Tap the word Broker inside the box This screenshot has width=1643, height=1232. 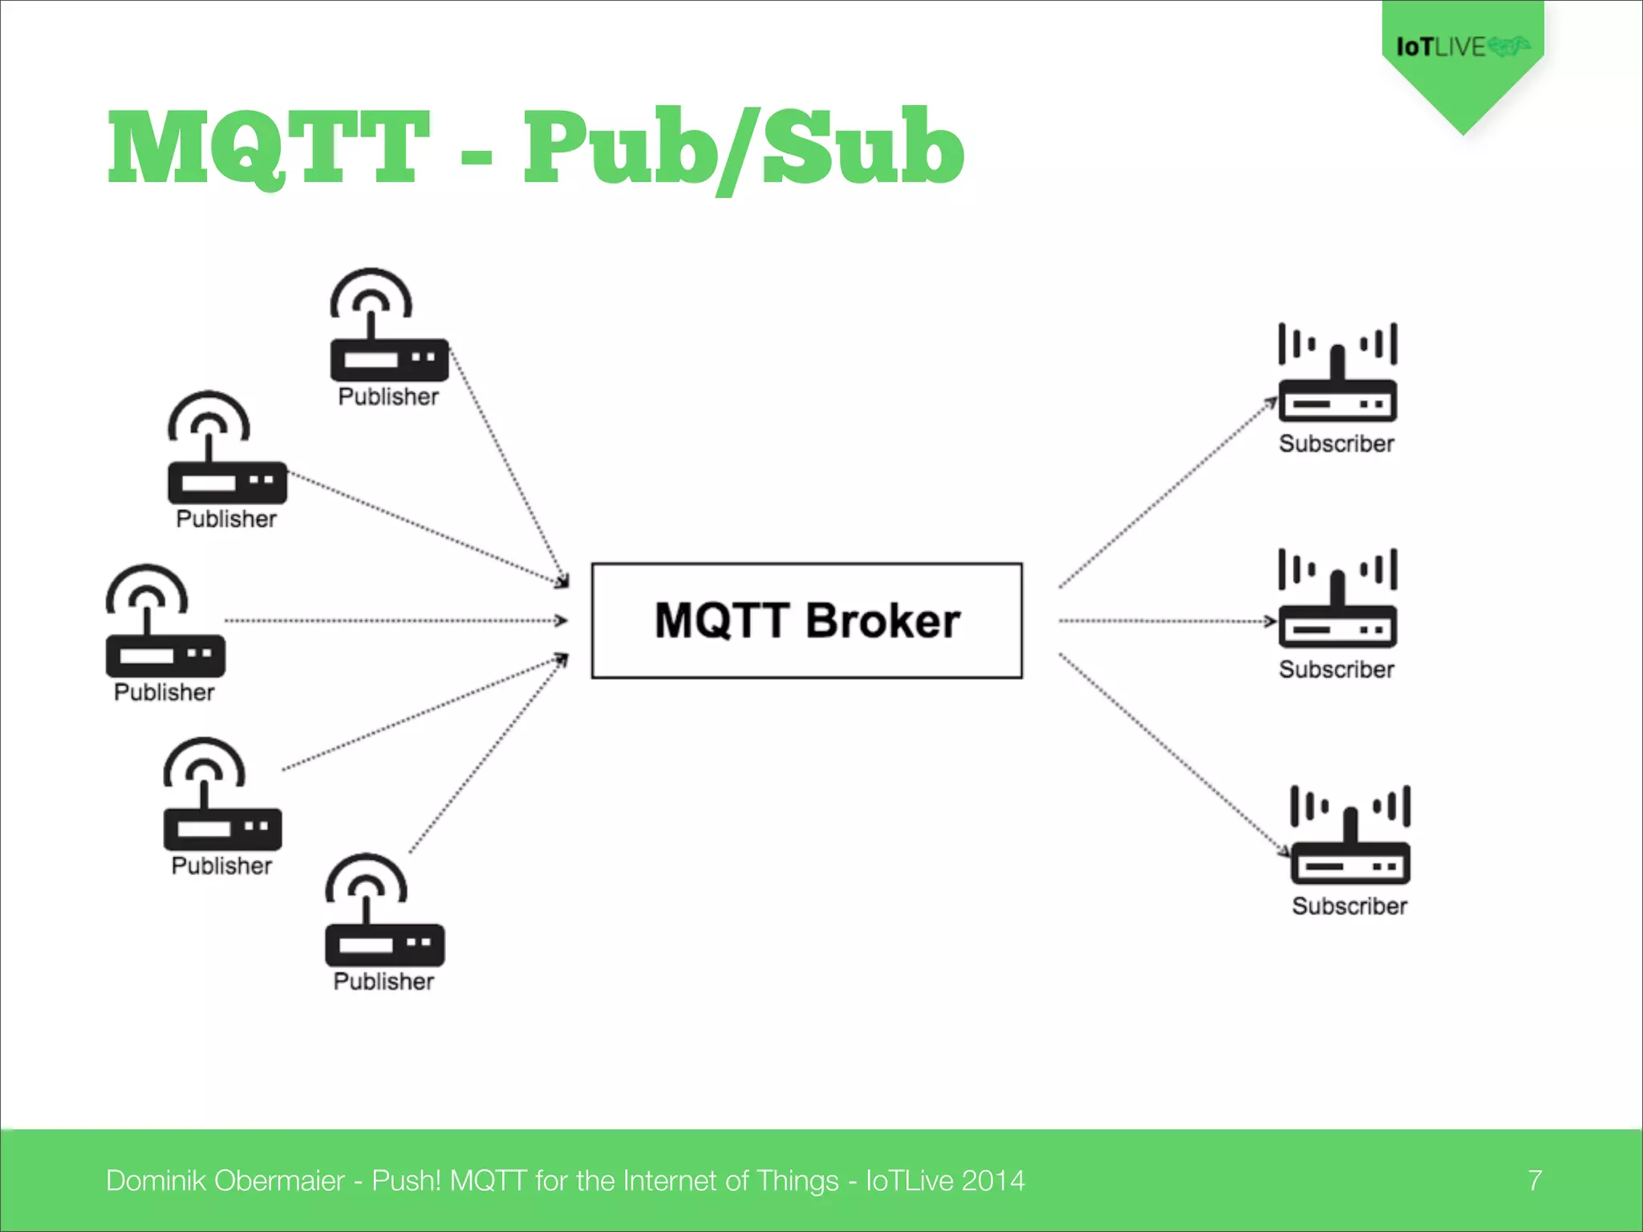(x=882, y=621)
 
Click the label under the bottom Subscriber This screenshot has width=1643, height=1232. (x=1349, y=906)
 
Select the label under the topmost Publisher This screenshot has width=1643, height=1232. (x=388, y=397)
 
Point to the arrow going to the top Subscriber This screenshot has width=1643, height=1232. (x=1167, y=494)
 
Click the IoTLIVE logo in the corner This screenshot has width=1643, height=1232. (x=1462, y=47)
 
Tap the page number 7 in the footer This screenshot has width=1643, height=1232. (x=1534, y=1181)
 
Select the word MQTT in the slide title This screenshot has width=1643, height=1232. (x=269, y=149)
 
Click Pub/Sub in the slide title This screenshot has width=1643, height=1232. (x=743, y=149)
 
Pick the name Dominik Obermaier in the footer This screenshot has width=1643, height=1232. (x=225, y=1181)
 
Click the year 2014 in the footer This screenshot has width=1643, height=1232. (x=993, y=1181)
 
